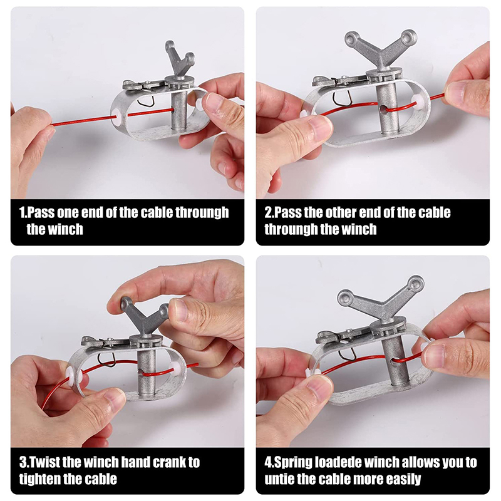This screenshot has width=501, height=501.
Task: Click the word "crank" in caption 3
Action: (x=168, y=462)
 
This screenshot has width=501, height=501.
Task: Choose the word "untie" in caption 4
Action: (x=279, y=479)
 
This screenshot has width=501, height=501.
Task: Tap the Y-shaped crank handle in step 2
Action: (x=381, y=51)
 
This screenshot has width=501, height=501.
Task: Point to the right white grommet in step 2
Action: (x=418, y=101)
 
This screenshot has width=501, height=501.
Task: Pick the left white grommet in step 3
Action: (x=70, y=375)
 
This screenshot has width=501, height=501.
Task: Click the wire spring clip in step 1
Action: (x=146, y=100)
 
